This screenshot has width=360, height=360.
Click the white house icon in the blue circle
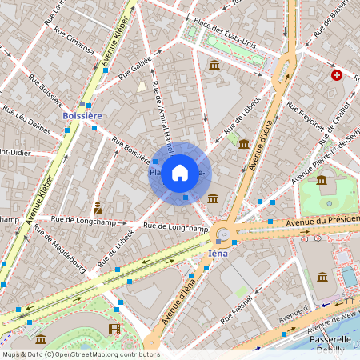[x=180, y=172]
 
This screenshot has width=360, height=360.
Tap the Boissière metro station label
[x=82, y=116]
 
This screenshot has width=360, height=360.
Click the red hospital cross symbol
[x=337, y=75]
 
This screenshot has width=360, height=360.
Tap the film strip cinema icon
[x=114, y=329]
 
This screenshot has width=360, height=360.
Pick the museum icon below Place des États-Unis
[x=214, y=64]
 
